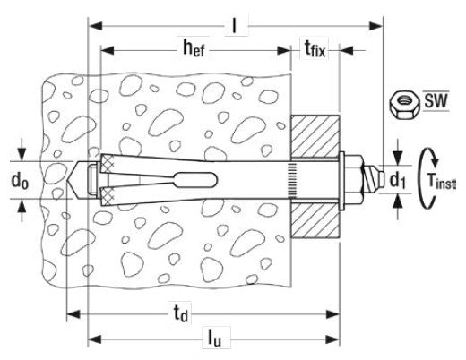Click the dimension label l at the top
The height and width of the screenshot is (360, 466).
[x=235, y=26]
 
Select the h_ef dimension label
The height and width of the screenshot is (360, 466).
[x=194, y=48]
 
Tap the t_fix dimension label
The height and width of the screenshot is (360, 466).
[x=315, y=48]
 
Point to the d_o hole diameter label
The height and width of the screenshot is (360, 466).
[x=20, y=181]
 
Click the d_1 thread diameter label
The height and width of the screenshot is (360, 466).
[x=398, y=180]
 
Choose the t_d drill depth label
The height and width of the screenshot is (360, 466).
[x=181, y=314]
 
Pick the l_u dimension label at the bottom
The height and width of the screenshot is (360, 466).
[x=215, y=339]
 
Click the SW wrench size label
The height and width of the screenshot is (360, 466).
[x=436, y=100]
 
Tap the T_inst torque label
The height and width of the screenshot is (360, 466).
[x=441, y=181]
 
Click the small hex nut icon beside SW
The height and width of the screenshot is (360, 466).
[x=404, y=107]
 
